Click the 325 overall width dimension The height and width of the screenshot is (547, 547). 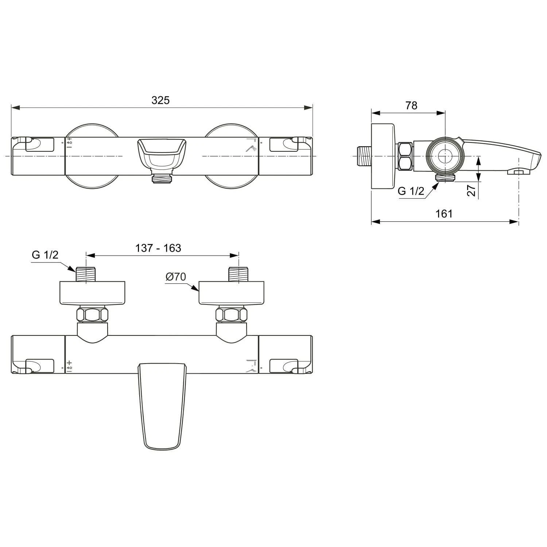pyautogui.click(x=160, y=100)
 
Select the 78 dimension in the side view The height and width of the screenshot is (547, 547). pyautogui.click(x=411, y=105)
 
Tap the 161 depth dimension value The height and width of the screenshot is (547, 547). pyautogui.click(x=444, y=214)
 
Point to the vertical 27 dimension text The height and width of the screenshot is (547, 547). pyautogui.click(x=472, y=190)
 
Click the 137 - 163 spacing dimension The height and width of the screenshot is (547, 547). pyautogui.click(x=158, y=248)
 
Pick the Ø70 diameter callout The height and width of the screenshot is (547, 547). pyautogui.click(x=176, y=277)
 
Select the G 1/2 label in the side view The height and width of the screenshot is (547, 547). pyautogui.click(x=411, y=191)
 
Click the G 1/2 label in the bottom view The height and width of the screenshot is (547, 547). pyautogui.click(x=45, y=255)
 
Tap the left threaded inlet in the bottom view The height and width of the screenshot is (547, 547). pyautogui.click(x=86, y=274)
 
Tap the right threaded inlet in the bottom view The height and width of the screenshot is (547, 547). pyautogui.click(x=238, y=274)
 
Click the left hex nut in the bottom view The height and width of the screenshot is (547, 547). pyautogui.click(x=93, y=315)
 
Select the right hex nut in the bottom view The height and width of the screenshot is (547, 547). pyautogui.click(x=231, y=315)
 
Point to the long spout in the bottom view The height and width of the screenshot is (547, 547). pyautogui.click(x=162, y=405)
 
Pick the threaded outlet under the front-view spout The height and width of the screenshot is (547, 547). pyautogui.click(x=162, y=178)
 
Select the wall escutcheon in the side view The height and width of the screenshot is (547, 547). pyautogui.click(x=383, y=156)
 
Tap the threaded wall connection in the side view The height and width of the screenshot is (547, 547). pyautogui.click(x=362, y=156)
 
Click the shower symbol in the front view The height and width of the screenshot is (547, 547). pyautogui.click(x=251, y=148)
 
